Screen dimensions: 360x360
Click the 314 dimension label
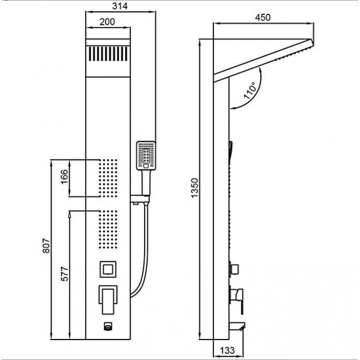click(x=120, y=6)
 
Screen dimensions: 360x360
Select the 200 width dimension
click(x=107, y=22)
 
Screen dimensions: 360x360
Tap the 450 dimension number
click(x=263, y=18)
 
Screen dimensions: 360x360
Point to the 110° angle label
click(x=250, y=90)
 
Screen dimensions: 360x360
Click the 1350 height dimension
click(x=195, y=188)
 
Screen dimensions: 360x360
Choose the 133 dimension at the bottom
click(x=227, y=351)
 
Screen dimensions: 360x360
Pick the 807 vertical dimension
click(x=46, y=246)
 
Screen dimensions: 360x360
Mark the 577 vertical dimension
click(x=65, y=274)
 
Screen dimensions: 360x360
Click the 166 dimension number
click(x=65, y=177)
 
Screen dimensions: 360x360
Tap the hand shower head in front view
click(x=146, y=156)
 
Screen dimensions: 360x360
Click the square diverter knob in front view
click(x=108, y=269)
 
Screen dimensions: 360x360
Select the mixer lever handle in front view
click(x=108, y=300)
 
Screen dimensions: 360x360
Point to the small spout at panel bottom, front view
click(x=108, y=326)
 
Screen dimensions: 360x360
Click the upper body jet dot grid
click(x=108, y=178)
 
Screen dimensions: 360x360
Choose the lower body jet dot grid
click(x=108, y=229)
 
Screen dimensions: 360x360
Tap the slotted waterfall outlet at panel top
click(x=108, y=54)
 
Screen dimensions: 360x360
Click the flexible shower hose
click(x=141, y=250)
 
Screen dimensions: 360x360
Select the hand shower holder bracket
click(x=140, y=199)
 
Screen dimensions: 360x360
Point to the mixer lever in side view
click(x=236, y=300)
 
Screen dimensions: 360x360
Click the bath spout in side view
click(x=237, y=326)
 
